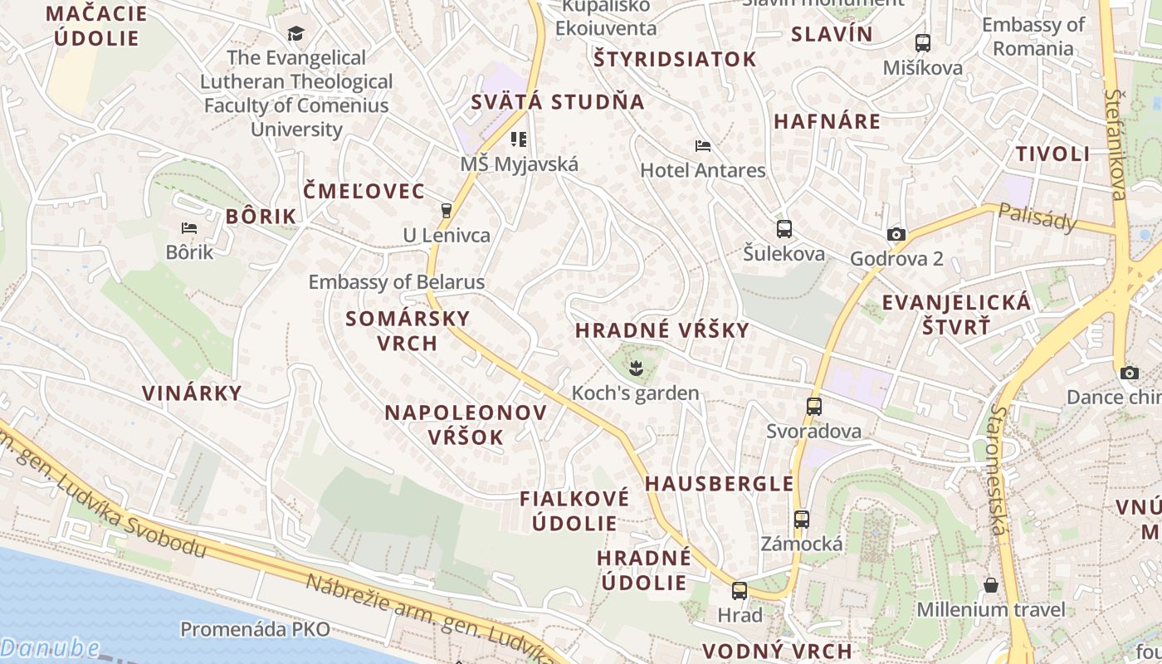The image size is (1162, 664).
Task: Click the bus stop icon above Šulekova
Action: coord(784,229)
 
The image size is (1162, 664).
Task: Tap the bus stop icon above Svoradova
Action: coord(813,407)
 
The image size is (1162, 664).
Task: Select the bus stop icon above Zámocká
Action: coord(801,520)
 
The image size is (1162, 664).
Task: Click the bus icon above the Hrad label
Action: coord(739,591)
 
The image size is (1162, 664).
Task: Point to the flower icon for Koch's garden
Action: coord(637,367)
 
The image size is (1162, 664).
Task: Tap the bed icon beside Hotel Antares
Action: coord(703,146)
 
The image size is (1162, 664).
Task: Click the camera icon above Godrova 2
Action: coord(896,234)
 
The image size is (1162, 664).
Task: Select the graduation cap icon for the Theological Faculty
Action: coord(295,33)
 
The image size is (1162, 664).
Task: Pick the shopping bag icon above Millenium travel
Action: coord(990,585)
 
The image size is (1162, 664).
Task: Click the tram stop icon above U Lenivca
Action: coord(447,210)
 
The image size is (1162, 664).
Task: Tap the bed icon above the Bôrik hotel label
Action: coord(189,227)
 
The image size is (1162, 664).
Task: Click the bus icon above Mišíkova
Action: coord(922,43)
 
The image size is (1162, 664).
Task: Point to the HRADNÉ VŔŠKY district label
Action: coord(662,330)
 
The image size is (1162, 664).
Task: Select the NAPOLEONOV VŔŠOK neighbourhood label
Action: coord(466,425)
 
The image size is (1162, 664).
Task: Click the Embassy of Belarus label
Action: coord(396,282)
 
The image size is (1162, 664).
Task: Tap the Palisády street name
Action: coord(1037,217)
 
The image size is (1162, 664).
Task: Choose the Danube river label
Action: coord(50,648)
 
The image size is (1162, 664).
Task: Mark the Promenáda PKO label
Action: coord(255,629)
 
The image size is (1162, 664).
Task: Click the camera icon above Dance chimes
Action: coord(1129,373)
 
